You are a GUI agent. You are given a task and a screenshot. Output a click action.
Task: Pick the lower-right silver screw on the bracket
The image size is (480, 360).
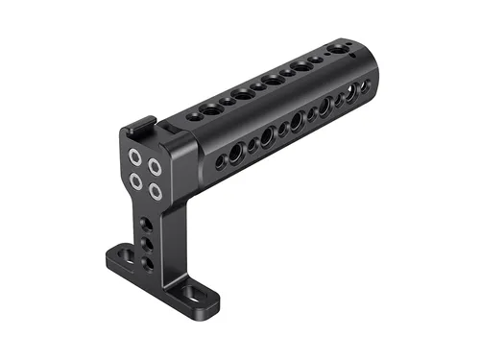point(154,190)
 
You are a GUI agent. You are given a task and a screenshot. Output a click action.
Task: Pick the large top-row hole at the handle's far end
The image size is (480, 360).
point(339,48)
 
